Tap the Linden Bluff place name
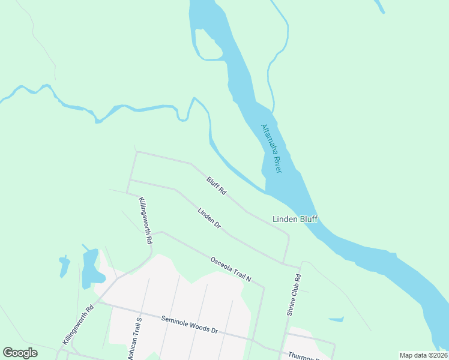pos(295,219)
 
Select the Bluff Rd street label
pos(216,185)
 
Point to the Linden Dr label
pos(209,218)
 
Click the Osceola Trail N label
pos(230,270)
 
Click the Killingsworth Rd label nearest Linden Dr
pos(145,220)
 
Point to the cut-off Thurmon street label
pos(306,356)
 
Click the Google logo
pos(20,353)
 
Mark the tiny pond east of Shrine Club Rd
pos(336,319)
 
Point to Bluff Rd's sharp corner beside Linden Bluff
pos(289,236)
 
